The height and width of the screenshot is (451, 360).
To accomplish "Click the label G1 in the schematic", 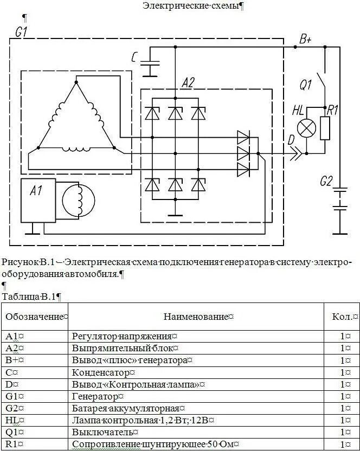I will [x=22, y=32].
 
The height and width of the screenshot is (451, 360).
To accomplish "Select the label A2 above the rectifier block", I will [x=188, y=82].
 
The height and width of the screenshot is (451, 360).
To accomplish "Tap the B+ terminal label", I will [x=305, y=40].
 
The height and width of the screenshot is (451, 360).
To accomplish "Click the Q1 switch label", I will [x=306, y=85].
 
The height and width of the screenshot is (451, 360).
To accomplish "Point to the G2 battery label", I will [x=326, y=182].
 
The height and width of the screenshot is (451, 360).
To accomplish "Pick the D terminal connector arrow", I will [x=295, y=154].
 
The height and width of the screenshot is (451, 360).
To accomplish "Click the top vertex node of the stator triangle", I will [x=76, y=82].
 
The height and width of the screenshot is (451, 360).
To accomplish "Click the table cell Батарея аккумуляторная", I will [x=129, y=408].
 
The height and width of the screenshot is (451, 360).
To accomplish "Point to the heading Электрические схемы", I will [x=192, y=6].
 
